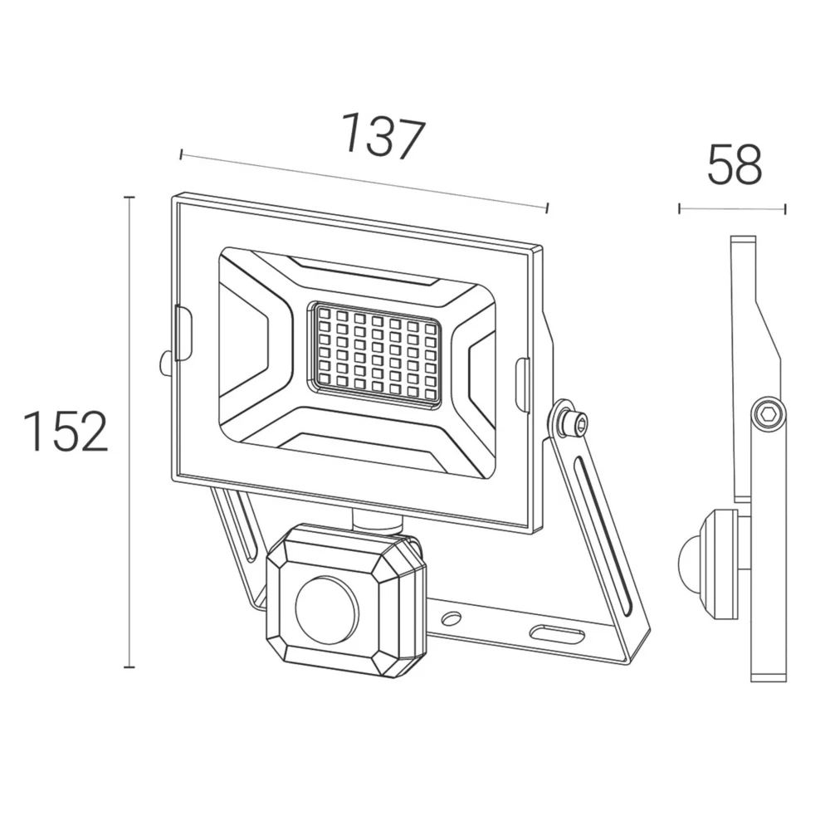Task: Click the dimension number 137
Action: (383, 136)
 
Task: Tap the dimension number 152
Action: (66, 432)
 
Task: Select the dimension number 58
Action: (735, 164)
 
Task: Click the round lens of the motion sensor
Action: (326, 609)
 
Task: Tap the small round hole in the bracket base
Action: (452, 618)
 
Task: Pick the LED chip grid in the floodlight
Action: (377, 354)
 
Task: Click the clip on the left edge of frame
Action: (183, 333)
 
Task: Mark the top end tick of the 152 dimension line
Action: (129, 198)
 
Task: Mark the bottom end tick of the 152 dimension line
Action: (129, 667)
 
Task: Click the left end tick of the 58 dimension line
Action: (680, 208)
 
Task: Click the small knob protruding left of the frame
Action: (164, 363)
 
